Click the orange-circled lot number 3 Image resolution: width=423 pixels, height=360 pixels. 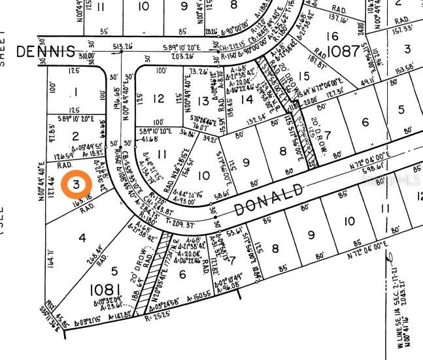pos(77,184)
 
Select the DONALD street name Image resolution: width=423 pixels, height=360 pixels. pos(269,199)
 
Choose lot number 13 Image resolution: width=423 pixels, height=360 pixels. pos(204,101)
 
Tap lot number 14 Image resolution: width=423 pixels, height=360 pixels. pos(246,99)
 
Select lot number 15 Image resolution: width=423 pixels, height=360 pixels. pos(303,76)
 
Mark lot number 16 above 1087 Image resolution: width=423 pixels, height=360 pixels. pos(333,36)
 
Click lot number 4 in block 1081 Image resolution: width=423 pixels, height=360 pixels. pos(82,237)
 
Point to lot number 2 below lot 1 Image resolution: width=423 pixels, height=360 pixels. pos(75,136)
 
